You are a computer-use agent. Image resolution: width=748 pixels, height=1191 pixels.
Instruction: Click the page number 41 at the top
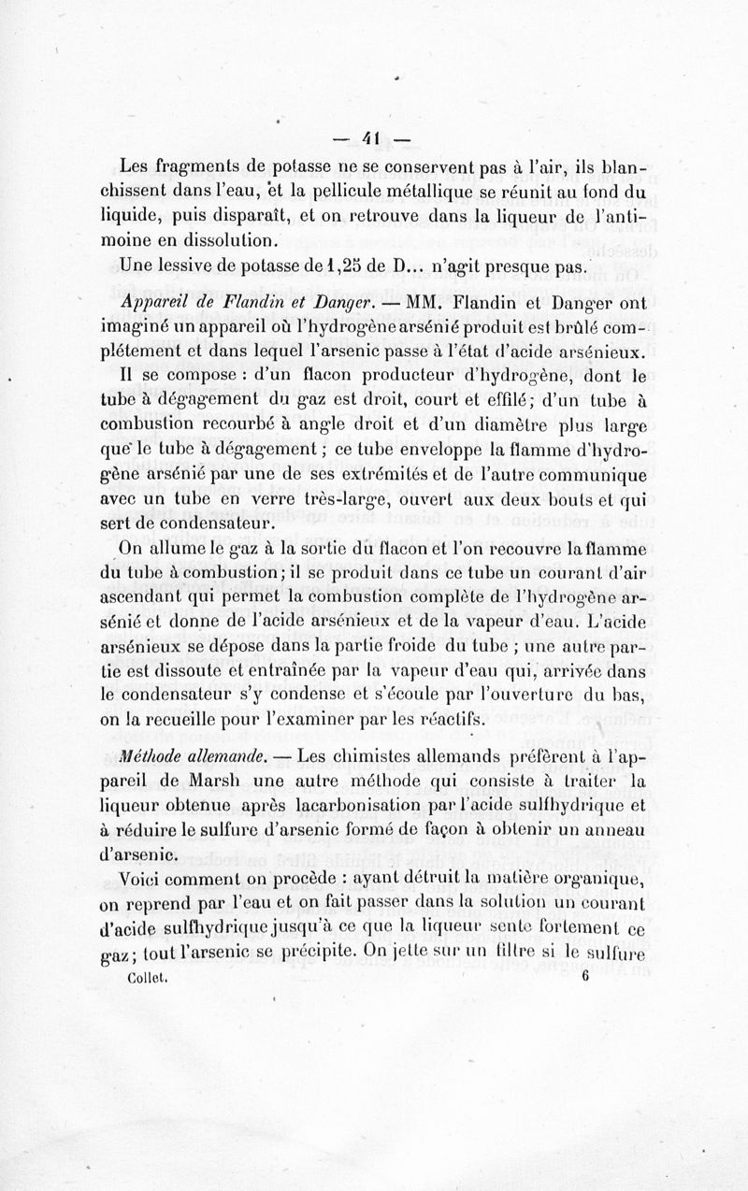point(372,140)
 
